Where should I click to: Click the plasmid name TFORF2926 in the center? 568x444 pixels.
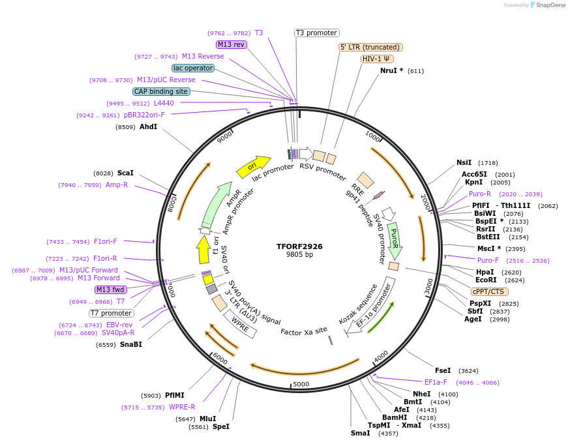(299, 246)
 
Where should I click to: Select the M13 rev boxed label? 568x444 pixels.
(232, 44)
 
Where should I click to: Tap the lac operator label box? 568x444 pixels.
(193, 68)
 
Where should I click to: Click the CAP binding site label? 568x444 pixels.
(161, 92)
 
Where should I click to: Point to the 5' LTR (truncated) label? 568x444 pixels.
(370, 47)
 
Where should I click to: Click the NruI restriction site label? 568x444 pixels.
(391, 70)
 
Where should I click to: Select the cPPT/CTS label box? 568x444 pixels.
(488, 291)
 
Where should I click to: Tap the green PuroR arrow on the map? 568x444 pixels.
(393, 239)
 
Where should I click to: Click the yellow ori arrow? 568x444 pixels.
(254, 166)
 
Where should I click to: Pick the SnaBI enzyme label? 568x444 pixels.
(130, 344)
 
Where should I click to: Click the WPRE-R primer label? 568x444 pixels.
(182, 407)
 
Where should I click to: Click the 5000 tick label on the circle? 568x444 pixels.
(301, 384)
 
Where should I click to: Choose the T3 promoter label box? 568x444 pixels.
(317, 33)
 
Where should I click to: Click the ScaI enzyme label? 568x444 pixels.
(125, 173)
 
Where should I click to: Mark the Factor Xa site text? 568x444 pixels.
(304, 331)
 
